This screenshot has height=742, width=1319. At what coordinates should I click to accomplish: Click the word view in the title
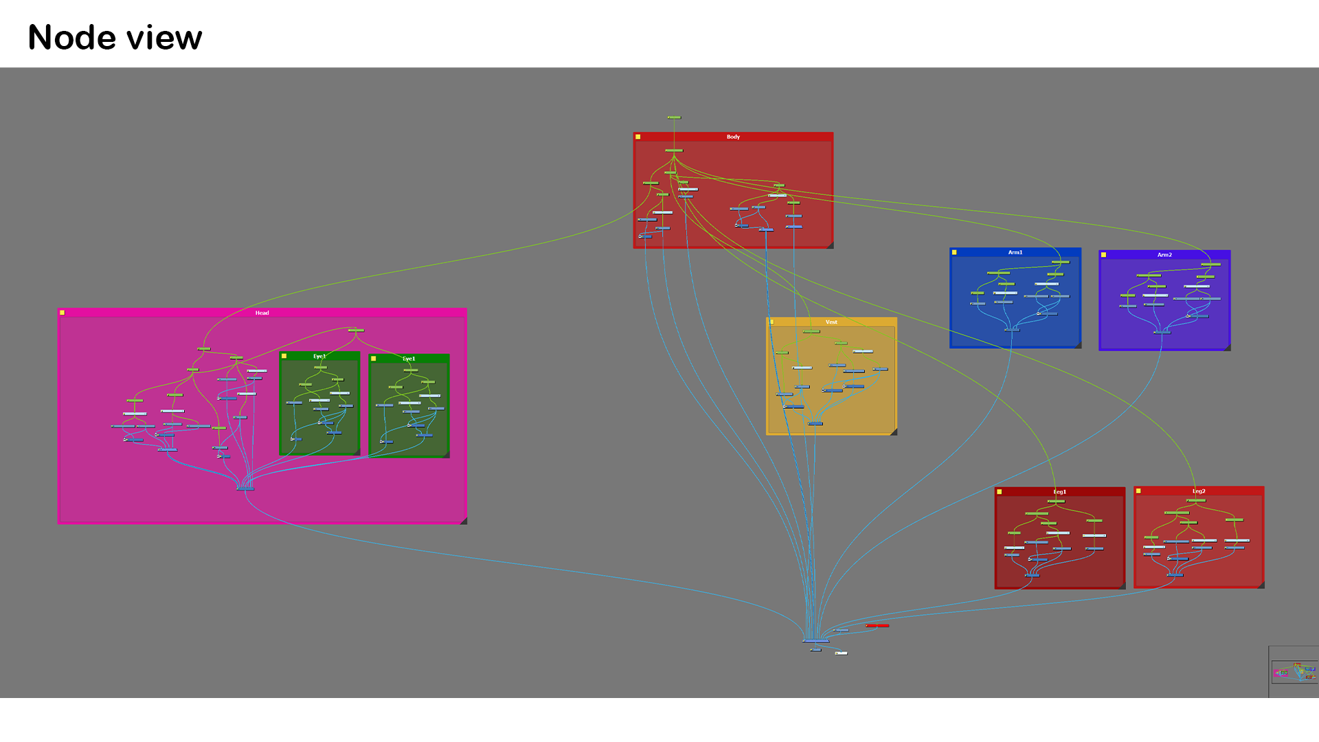(x=165, y=38)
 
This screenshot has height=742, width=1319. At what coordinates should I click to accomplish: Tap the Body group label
(x=733, y=137)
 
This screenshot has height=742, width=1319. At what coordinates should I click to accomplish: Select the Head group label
(x=262, y=313)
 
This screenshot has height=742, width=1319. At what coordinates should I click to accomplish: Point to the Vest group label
(x=831, y=322)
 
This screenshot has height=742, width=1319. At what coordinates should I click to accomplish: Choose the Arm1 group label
(x=1015, y=252)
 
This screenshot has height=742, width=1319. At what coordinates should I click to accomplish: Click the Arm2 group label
(x=1164, y=255)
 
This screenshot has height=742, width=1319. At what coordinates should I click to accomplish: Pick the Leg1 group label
(x=1059, y=492)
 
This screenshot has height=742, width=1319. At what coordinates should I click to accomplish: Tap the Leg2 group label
(x=1199, y=491)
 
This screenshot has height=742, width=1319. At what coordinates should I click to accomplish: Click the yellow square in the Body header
(x=638, y=137)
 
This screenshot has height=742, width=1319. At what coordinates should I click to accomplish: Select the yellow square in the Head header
(x=63, y=313)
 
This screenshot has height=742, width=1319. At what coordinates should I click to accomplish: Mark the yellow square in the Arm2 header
(x=1104, y=255)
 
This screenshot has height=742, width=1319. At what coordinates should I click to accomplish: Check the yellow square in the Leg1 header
(x=1000, y=492)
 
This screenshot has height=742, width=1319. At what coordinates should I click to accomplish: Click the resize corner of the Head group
(x=464, y=521)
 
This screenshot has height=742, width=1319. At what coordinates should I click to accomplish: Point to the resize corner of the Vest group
(x=894, y=432)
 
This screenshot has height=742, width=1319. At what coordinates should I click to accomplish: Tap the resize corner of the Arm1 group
(x=1078, y=345)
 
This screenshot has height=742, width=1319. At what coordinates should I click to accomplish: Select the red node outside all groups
(x=877, y=625)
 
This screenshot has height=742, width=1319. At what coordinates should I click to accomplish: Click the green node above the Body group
(x=674, y=117)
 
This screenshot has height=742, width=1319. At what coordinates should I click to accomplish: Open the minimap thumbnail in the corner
(x=1294, y=672)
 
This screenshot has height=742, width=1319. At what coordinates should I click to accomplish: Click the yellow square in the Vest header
(x=772, y=322)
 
